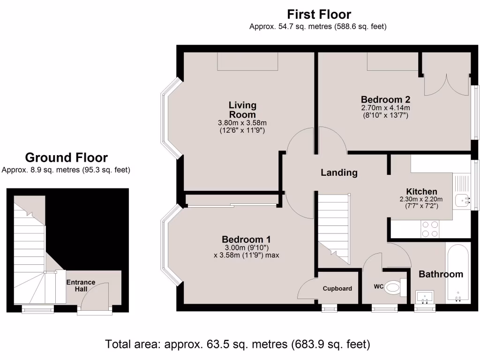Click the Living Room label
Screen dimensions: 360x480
tap(242, 110)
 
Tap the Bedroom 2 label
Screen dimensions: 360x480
tap(385, 99)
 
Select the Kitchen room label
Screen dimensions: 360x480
tap(421, 192)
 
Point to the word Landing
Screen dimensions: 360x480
tap(339, 172)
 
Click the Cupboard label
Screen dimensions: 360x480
tap(337, 288)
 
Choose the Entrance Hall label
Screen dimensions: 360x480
tap(81, 285)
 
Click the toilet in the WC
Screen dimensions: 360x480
tap(395, 287)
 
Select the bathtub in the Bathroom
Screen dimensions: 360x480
tap(457, 272)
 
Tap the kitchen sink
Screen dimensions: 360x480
tap(464, 201)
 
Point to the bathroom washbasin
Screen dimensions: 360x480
tap(425, 297)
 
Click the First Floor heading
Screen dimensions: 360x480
tap(319, 14)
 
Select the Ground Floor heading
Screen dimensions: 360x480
tap(66, 157)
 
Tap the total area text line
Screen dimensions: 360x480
tap(238, 345)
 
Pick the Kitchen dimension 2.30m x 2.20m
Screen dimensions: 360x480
tap(421, 199)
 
